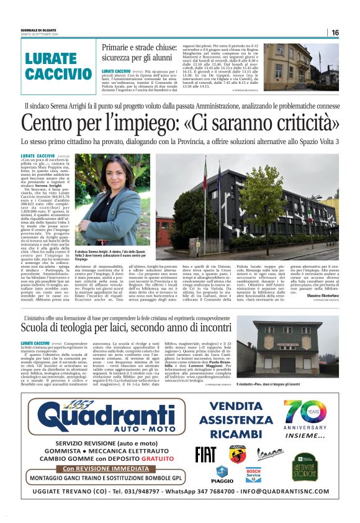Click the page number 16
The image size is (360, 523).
point(335,32)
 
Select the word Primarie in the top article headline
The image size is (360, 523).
point(119,47)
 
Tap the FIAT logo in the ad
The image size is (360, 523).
point(205,455)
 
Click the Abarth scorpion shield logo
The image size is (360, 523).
point(237,454)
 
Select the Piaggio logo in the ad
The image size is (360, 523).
point(222,476)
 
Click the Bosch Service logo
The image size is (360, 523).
point(253,475)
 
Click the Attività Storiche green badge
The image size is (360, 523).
point(305,466)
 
